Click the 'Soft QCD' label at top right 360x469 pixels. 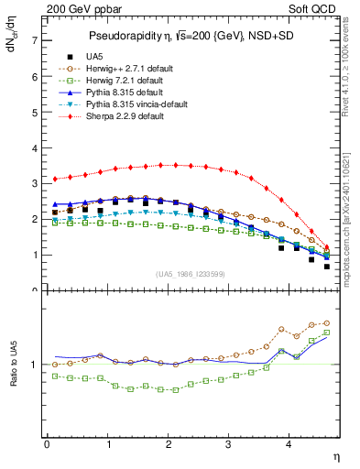(x=315, y=10)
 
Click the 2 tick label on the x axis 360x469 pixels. (x=169, y=444)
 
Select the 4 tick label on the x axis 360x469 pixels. (x=289, y=444)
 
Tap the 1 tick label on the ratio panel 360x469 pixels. (x=34, y=365)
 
